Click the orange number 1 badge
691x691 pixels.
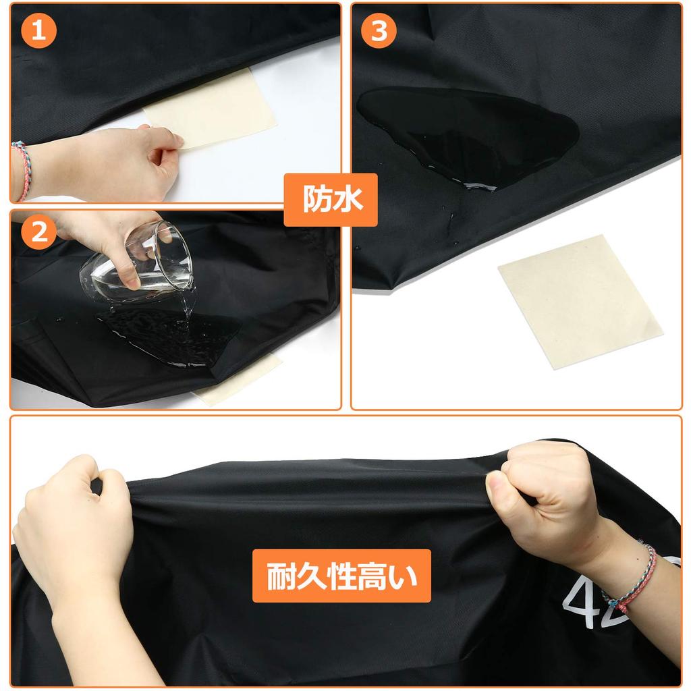[38, 31]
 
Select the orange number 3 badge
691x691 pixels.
[379, 31]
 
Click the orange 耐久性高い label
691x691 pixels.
[341, 576]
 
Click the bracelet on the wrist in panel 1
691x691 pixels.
[22, 170]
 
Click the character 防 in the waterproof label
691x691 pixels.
[317, 200]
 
